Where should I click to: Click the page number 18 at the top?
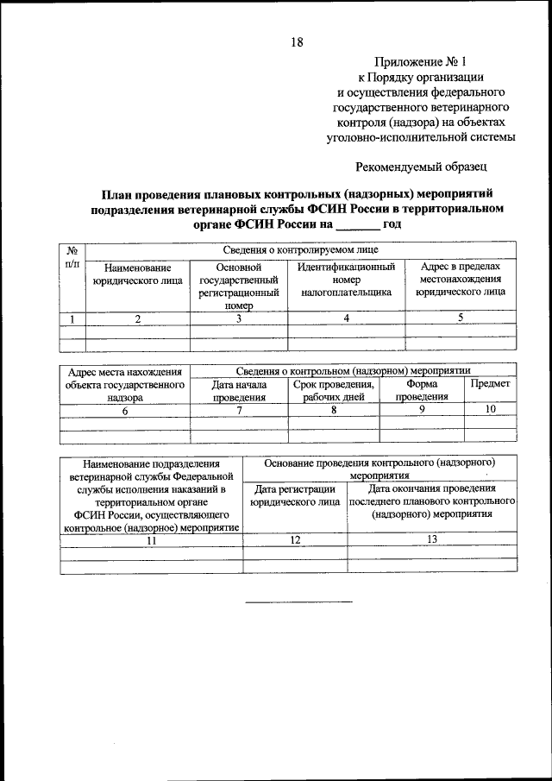tap(297, 41)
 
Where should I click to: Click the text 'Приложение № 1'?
tap(420, 61)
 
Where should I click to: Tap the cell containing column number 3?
tap(238, 318)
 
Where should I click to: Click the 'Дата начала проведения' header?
tap(239, 390)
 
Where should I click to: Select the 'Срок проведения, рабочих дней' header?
tap(333, 390)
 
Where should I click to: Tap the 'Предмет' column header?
tap(490, 383)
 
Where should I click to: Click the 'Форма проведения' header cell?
tap(422, 390)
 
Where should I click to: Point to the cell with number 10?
tap(490, 410)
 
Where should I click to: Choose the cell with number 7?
tap(239, 410)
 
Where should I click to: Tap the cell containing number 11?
tap(151, 539)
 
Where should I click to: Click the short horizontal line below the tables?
tap(298, 601)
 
